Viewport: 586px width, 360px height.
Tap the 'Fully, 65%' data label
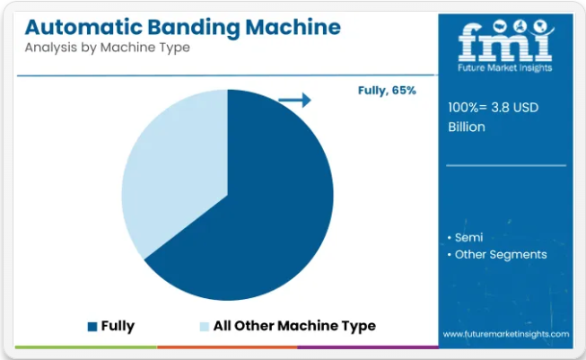(x=387, y=91)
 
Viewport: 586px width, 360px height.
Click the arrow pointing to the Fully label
(x=295, y=100)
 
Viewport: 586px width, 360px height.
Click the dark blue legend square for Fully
(x=92, y=327)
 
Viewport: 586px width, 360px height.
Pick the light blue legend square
(x=204, y=327)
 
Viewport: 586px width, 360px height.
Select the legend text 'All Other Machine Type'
(x=294, y=326)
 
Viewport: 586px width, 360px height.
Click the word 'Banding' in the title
(x=193, y=28)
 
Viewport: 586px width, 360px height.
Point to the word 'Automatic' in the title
(x=83, y=27)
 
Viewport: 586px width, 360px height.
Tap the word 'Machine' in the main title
(x=293, y=27)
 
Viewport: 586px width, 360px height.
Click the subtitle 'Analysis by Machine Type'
(x=108, y=48)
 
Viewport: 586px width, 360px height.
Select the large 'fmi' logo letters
(x=505, y=41)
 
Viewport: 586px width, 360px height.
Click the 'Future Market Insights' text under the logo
(x=505, y=67)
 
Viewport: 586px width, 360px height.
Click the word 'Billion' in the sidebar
(x=467, y=127)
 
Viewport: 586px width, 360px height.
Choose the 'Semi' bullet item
(x=468, y=237)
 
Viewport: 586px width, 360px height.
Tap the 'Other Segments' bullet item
(x=501, y=255)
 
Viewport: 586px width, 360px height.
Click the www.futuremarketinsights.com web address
(x=506, y=334)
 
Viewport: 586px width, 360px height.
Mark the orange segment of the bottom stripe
(x=227, y=347)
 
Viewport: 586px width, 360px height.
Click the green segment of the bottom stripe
(x=86, y=347)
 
